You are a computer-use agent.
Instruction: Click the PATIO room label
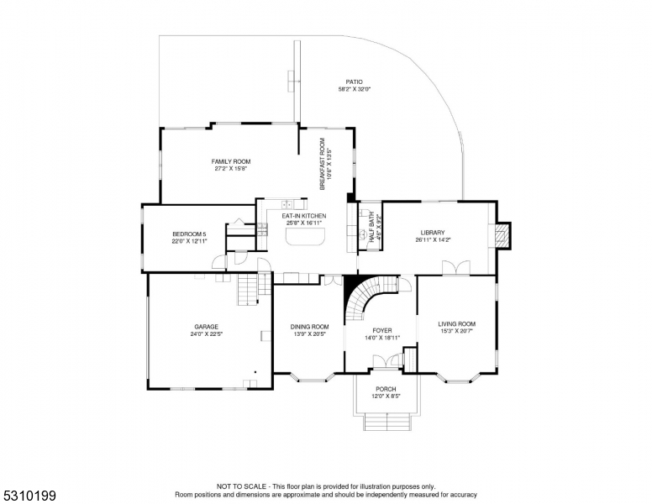pyautogui.click(x=354, y=82)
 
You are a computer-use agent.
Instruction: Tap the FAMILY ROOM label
pyautogui.click(x=231, y=161)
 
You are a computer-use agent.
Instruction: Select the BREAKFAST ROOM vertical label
pyautogui.click(x=323, y=164)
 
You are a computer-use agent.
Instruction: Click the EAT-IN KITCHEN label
pyautogui.click(x=304, y=216)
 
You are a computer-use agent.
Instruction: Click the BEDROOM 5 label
pyautogui.click(x=189, y=234)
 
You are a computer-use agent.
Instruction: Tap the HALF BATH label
pyautogui.click(x=371, y=228)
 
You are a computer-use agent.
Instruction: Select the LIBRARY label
pyautogui.click(x=433, y=233)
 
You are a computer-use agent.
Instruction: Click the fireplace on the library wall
pyautogui.click(x=502, y=236)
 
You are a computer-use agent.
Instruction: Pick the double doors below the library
pyautogui.click(x=456, y=267)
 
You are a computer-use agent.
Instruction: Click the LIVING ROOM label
pyautogui.click(x=456, y=323)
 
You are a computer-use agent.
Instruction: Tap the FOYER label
pyautogui.click(x=382, y=331)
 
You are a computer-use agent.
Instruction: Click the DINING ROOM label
pyautogui.click(x=309, y=327)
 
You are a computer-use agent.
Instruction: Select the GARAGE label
pyautogui.click(x=206, y=327)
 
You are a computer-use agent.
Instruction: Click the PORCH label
pyautogui.click(x=386, y=389)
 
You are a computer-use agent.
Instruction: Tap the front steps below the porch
pyautogui.click(x=387, y=422)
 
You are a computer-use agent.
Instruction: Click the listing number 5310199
pyautogui.click(x=29, y=496)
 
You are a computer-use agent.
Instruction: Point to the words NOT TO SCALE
pyautogui.click(x=241, y=486)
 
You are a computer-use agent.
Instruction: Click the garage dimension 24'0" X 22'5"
pyautogui.click(x=206, y=333)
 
